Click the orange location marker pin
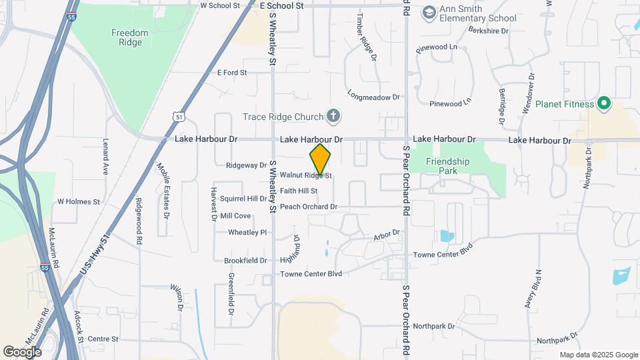[320, 159]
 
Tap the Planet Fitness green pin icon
[604, 103]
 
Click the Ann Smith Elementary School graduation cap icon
[429, 12]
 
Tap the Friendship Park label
[448, 166]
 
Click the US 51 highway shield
[178, 116]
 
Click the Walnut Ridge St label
[305, 176]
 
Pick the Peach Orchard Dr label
[309, 207]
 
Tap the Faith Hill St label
[298, 191]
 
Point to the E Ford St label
[232, 72]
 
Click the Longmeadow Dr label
[373, 97]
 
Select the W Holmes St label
[79, 201]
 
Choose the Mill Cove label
[235, 216]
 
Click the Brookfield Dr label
[245, 261]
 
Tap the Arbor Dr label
[386, 234]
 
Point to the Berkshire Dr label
[489, 31]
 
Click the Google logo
[22, 351]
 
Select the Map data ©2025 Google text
[599, 355]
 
